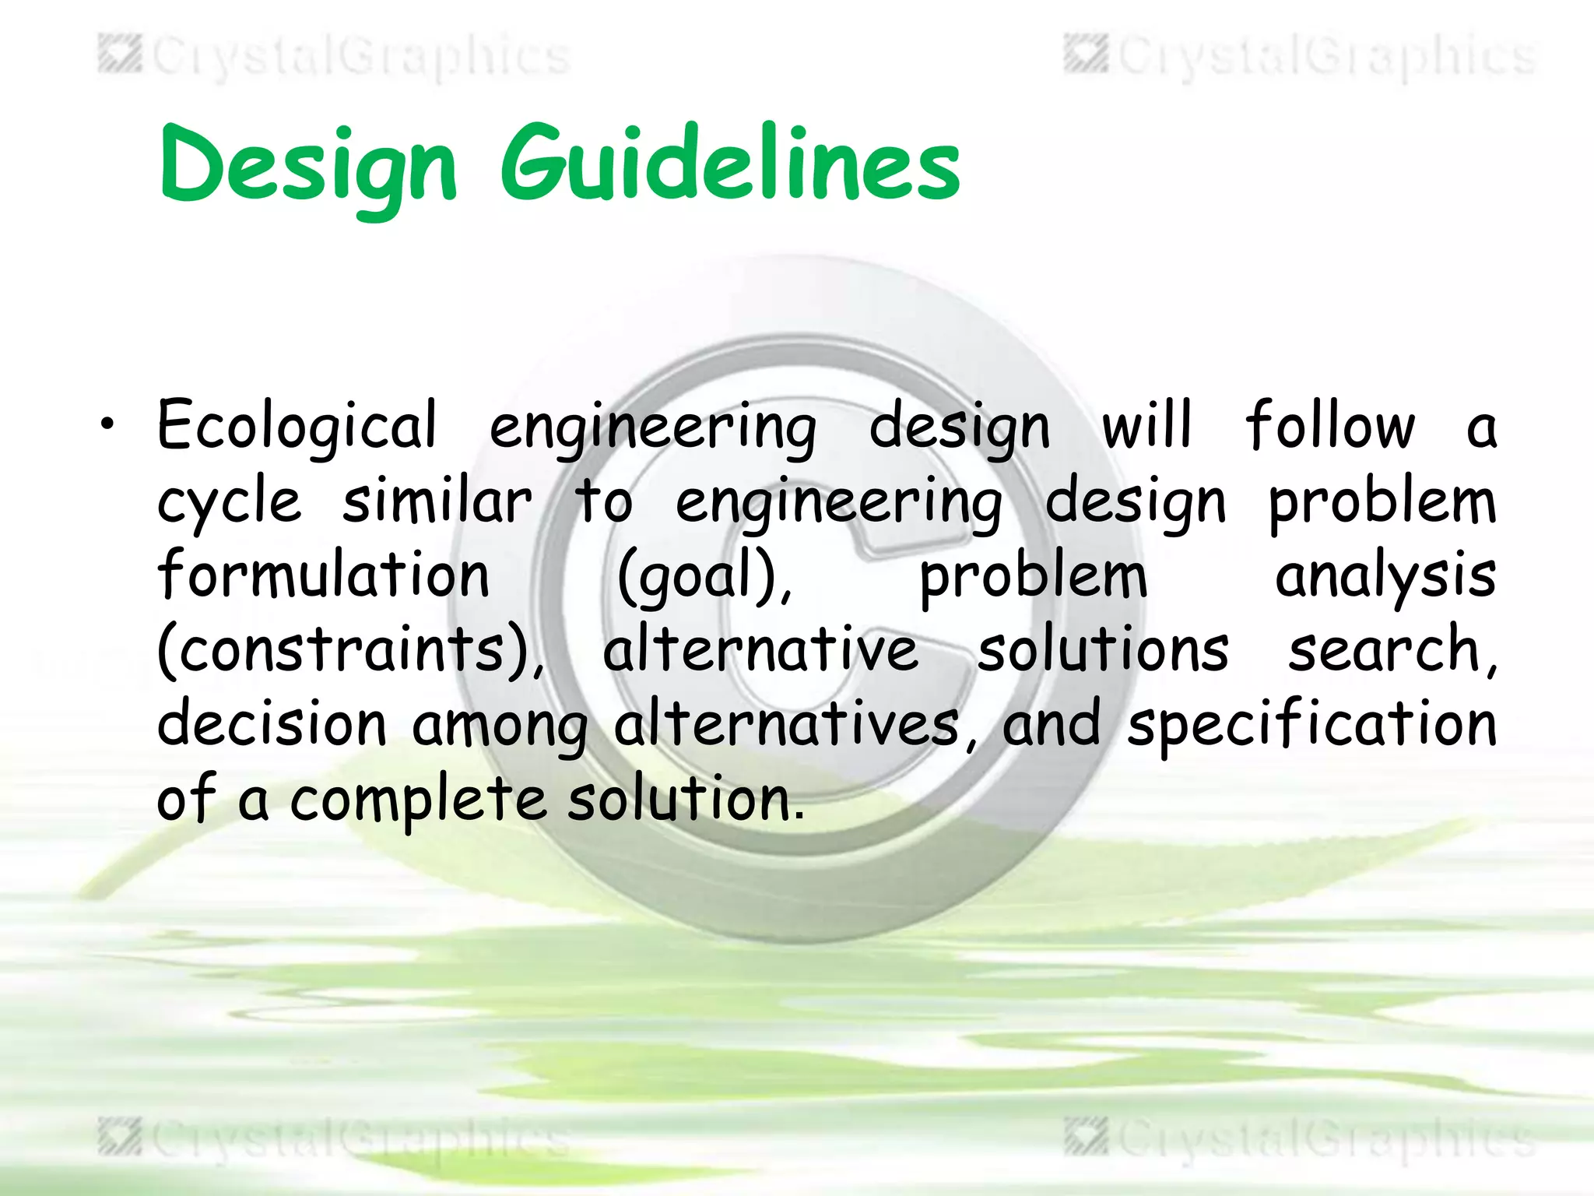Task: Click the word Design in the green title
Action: point(307,166)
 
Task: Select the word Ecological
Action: point(297,427)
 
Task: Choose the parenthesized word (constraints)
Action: point(350,649)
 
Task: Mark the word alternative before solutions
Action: point(760,649)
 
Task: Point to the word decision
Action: point(272,723)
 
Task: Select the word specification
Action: point(1312,725)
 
